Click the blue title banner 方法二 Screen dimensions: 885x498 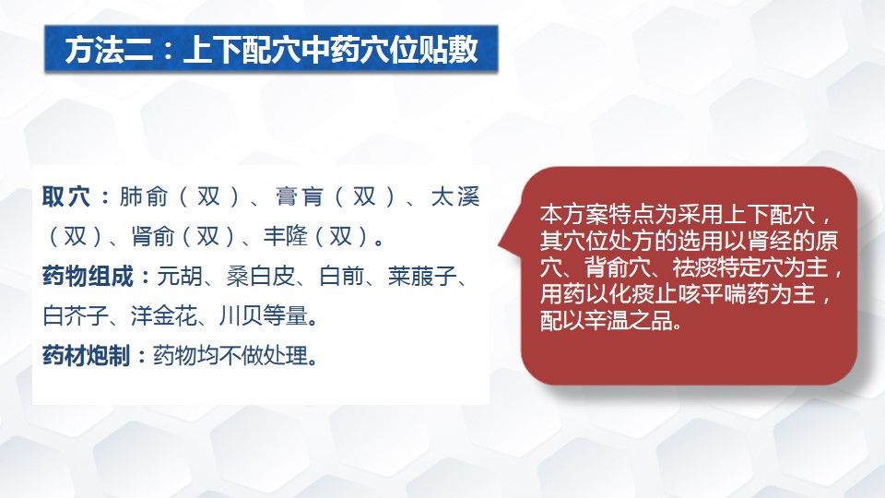271,49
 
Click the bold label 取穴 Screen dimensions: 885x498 66,197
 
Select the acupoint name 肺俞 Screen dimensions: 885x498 144,197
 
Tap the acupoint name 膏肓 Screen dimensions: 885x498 299,197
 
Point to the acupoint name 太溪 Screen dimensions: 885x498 454,197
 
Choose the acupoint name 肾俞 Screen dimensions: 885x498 152,236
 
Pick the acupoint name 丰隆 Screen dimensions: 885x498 285,236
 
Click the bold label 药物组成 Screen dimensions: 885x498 88,276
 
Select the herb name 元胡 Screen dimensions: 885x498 180,276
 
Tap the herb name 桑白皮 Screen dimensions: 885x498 261,276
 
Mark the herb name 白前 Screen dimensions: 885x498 341,276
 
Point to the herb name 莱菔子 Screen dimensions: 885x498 422,276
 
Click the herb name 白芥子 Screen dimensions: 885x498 76,315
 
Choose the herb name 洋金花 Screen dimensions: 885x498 164,315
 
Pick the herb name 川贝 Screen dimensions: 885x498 241,315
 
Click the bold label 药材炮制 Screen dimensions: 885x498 87,356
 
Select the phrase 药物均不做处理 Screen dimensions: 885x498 230,356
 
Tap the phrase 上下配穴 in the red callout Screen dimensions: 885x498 769,215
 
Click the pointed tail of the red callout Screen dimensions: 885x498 500,245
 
